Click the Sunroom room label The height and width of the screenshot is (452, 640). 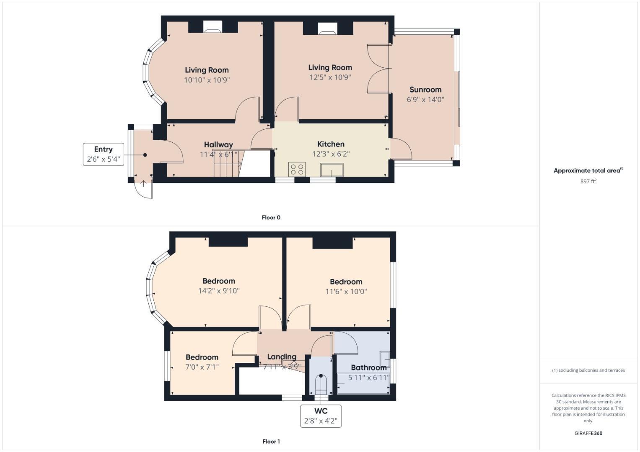[x=425, y=90]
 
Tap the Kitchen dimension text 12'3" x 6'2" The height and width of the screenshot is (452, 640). [x=331, y=154]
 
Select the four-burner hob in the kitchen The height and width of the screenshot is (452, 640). [x=297, y=169]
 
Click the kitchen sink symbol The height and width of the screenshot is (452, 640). [x=332, y=170]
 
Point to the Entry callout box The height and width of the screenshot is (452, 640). [x=104, y=154]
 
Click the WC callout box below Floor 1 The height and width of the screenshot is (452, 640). [x=321, y=416]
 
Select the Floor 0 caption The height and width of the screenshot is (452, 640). [x=271, y=218]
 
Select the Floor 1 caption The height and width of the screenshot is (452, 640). [x=271, y=442]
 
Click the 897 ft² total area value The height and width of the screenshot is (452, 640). [x=588, y=181]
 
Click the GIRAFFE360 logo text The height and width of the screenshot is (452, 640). [x=588, y=433]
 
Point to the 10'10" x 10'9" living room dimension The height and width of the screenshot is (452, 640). [x=207, y=80]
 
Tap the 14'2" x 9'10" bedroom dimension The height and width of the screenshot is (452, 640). [x=219, y=291]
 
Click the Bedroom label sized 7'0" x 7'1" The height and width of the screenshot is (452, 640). [x=202, y=357]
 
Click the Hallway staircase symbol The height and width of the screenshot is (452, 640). [x=225, y=163]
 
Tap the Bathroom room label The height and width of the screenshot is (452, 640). [x=368, y=367]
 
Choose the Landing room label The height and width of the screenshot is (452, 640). [x=282, y=357]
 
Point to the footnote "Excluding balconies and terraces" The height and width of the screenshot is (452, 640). [x=588, y=370]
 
